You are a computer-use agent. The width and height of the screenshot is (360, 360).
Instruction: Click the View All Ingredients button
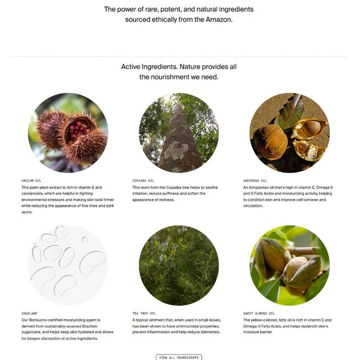tap(179, 358)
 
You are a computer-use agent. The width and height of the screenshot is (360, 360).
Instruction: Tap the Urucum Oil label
tap(31, 181)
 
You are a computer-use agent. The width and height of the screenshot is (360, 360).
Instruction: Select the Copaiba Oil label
tap(143, 181)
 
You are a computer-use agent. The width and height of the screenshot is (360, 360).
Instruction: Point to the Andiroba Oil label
tap(255, 181)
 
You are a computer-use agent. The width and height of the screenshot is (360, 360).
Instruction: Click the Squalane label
tap(29, 313)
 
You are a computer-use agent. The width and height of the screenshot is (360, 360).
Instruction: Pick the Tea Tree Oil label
tap(144, 313)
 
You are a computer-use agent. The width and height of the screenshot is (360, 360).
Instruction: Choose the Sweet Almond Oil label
tap(259, 313)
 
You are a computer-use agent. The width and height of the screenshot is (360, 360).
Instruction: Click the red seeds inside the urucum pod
tap(78, 130)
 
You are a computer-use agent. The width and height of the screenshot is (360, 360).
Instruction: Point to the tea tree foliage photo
tap(179, 265)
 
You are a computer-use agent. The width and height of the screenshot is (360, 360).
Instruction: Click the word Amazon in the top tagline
tap(218, 19)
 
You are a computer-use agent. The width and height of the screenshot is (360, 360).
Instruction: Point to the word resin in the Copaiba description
tap(145, 187)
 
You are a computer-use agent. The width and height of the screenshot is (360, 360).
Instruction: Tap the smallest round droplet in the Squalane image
tap(85, 240)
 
